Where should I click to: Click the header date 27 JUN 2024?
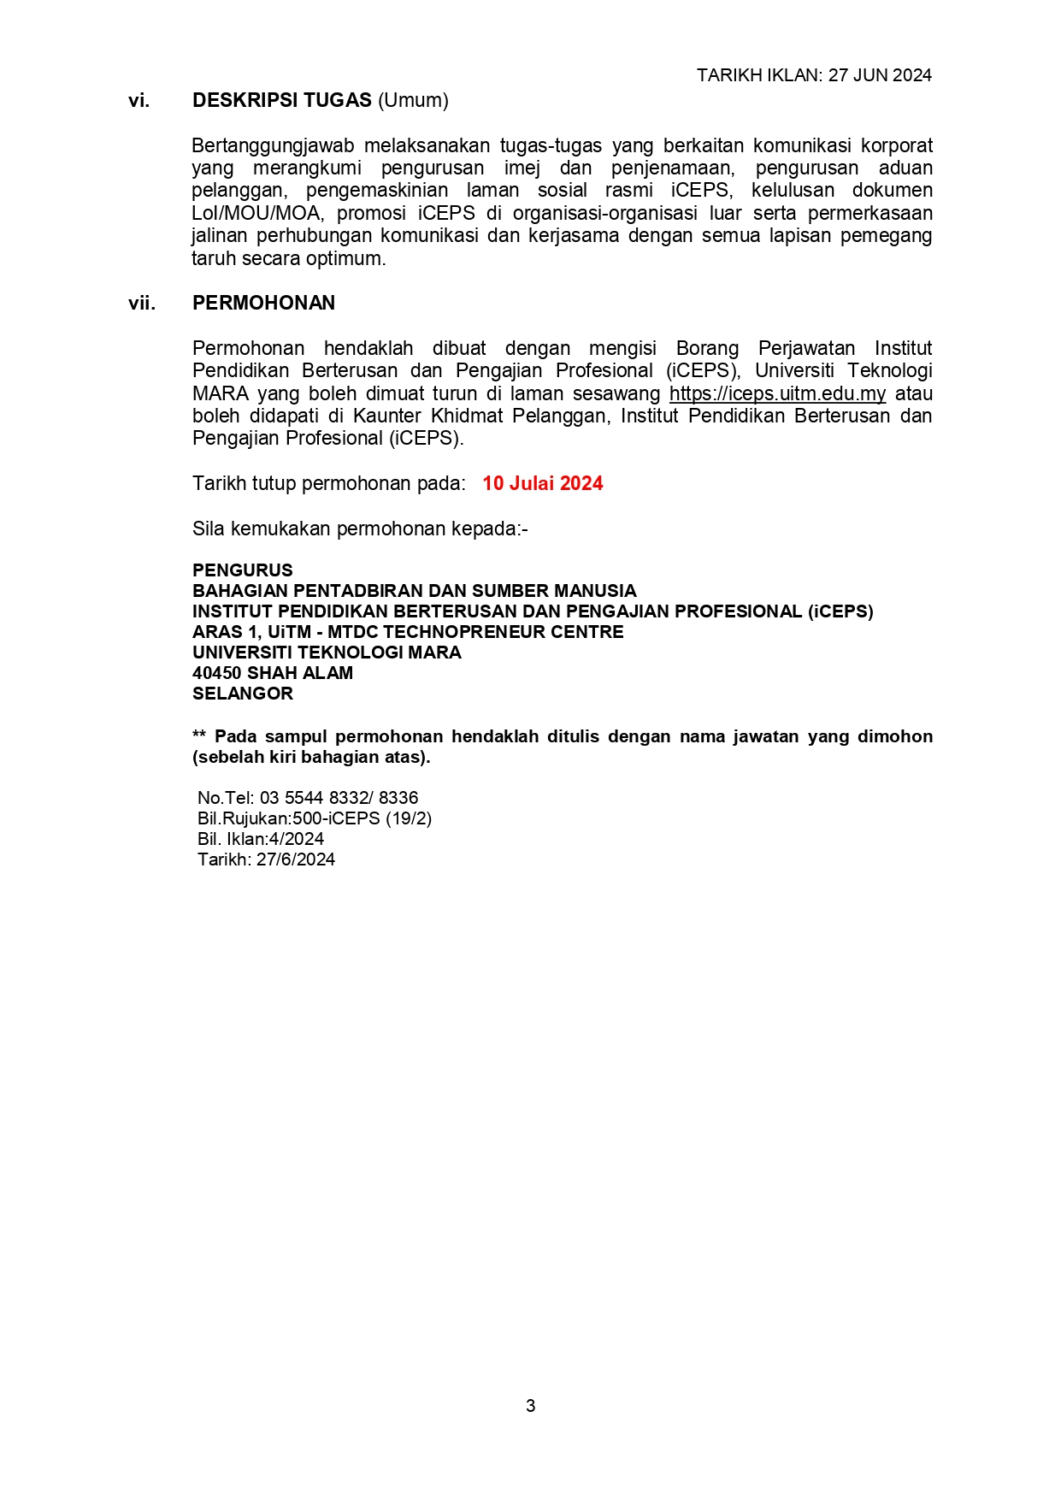pos(880,75)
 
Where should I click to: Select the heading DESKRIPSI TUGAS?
pos(281,101)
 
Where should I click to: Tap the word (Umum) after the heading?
pos(413,101)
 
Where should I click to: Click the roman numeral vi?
pos(139,101)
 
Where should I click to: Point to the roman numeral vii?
pos(142,304)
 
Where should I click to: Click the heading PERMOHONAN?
pos(263,304)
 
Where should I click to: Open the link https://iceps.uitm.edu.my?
pos(777,394)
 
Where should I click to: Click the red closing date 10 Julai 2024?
pos(542,484)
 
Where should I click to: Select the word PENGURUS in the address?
pos(242,570)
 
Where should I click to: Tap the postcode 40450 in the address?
pos(216,673)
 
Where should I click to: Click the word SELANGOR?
pos(242,694)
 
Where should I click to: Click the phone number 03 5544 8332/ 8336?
pos(339,798)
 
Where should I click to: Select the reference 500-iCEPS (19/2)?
pos(362,818)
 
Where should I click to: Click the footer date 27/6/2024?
pos(295,859)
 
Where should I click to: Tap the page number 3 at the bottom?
pos(530,1406)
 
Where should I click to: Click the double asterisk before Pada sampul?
pos(199,736)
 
